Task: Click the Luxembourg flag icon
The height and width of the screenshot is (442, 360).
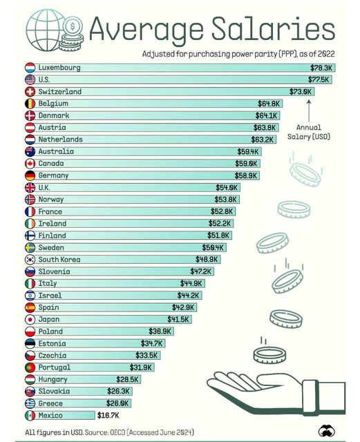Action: click(x=30, y=68)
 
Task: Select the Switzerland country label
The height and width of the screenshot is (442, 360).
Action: click(x=60, y=91)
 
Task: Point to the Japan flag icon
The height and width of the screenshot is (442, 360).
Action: click(x=30, y=320)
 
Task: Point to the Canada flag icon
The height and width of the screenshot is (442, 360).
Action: click(x=30, y=164)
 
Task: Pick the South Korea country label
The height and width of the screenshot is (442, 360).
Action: click(x=60, y=260)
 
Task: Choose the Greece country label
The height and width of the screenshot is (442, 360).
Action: click(x=51, y=403)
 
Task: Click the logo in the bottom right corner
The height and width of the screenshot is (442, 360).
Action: click(x=326, y=430)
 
